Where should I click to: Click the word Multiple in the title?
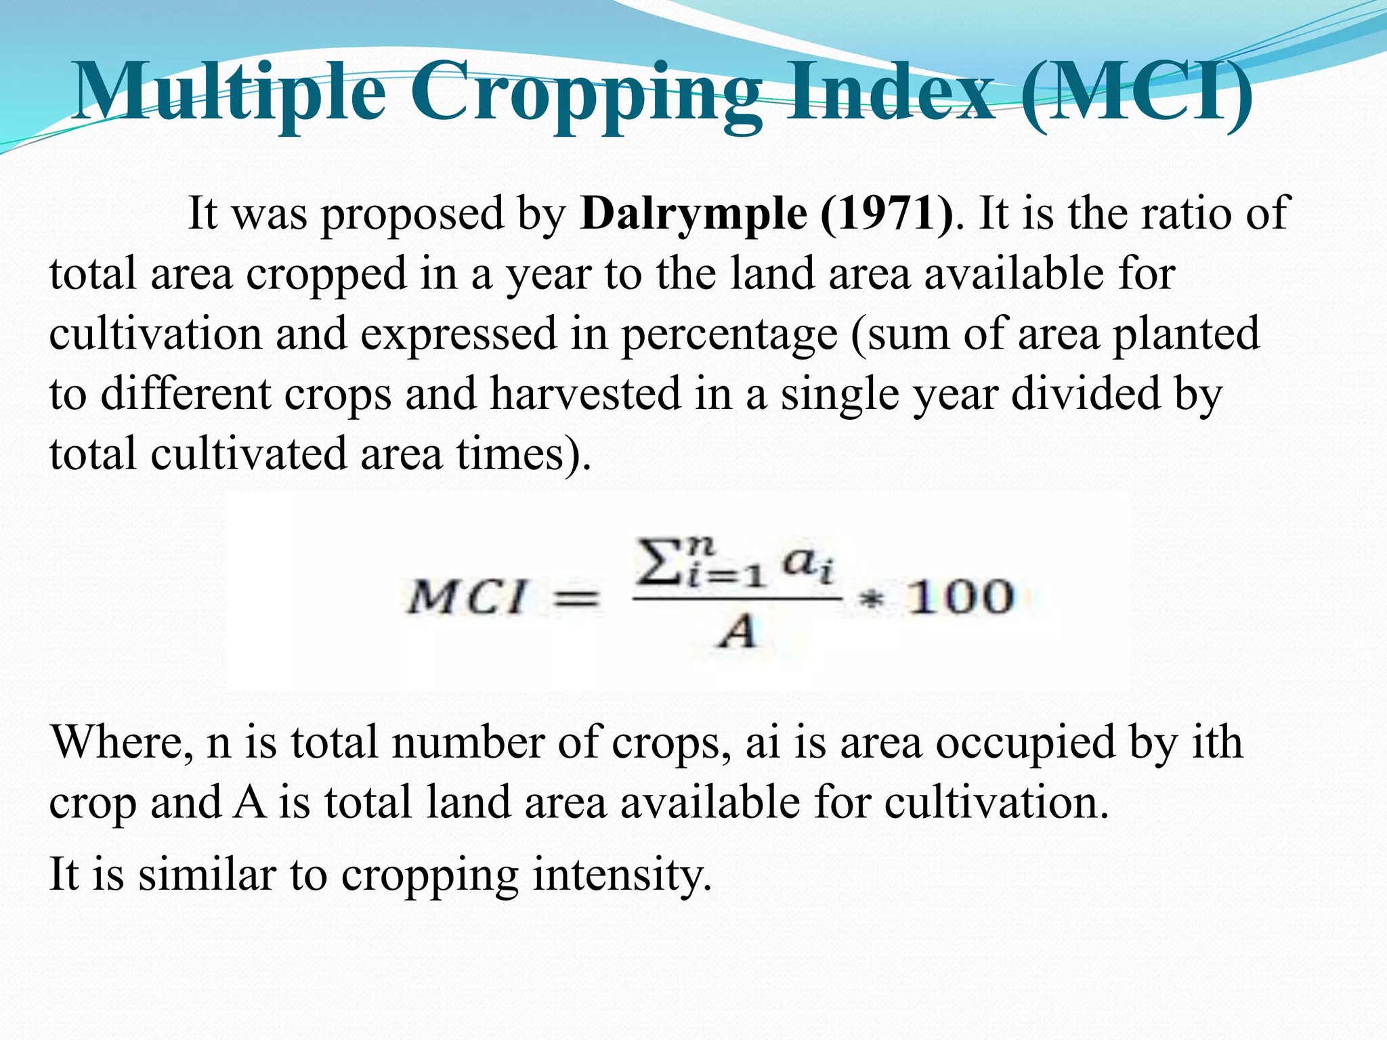coord(230,91)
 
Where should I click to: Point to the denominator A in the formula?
coord(737,634)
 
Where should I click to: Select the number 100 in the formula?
coord(960,597)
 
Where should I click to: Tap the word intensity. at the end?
coord(622,875)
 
